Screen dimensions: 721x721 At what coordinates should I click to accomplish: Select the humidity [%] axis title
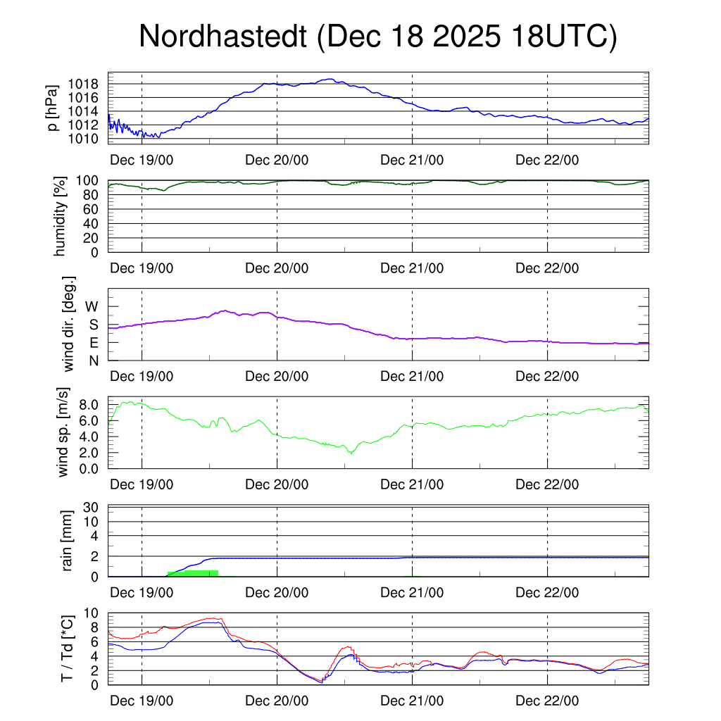[x=61, y=216]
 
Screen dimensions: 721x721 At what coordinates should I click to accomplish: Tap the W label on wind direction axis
[x=92, y=306]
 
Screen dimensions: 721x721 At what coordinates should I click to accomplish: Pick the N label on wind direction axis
[x=93, y=360]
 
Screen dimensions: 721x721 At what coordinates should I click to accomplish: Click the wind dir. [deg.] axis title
[x=69, y=324]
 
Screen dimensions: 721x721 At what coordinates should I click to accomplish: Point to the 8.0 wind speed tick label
[x=90, y=405]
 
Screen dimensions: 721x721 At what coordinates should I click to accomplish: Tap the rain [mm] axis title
[x=68, y=541]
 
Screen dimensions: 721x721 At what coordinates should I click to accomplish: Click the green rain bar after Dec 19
[x=193, y=573]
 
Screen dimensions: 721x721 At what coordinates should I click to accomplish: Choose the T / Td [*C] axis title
[x=68, y=648]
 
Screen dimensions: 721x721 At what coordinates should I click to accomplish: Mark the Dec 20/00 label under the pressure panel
[x=277, y=160]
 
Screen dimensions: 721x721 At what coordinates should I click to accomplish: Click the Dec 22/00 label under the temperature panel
[x=547, y=701]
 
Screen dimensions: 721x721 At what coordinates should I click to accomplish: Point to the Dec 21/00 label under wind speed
[x=412, y=485]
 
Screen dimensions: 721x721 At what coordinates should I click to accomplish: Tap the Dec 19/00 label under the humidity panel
[x=142, y=268]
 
